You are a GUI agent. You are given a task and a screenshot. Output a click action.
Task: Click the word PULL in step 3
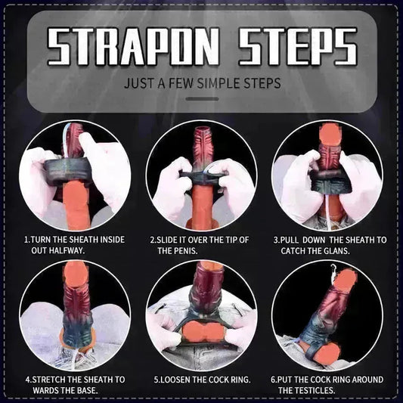point(295,240)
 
